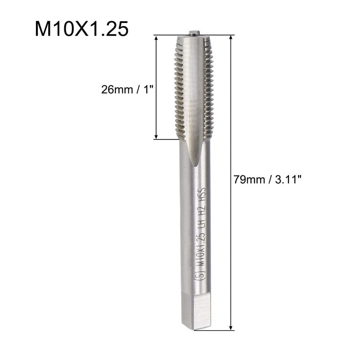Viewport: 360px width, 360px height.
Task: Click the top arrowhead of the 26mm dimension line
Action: pos(157,38)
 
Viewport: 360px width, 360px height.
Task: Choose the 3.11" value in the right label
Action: pos(285,180)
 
